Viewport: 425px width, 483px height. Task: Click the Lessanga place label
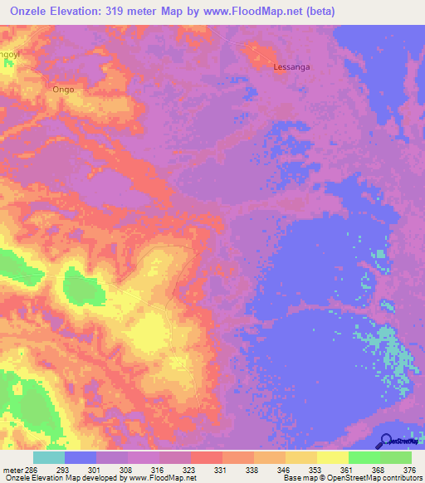[291, 69]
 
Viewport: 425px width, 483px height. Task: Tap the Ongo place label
[64, 89]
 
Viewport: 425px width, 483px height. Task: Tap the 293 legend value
[81, 469]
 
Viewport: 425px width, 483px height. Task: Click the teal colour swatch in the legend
[49, 457]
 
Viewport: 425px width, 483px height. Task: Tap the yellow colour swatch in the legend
[332, 457]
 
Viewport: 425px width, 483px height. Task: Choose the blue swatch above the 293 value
[81, 457]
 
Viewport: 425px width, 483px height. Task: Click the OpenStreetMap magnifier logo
[384, 440]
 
